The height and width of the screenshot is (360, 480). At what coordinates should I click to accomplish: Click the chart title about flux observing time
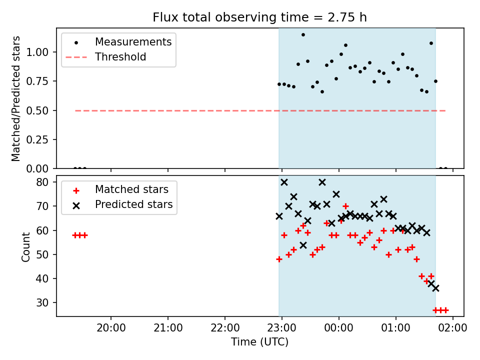click(x=259, y=17)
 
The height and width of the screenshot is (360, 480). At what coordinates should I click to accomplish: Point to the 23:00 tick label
click(x=281, y=328)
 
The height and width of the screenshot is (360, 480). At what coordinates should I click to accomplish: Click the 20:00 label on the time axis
click(x=111, y=328)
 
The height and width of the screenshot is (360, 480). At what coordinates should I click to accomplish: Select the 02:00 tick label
click(x=453, y=328)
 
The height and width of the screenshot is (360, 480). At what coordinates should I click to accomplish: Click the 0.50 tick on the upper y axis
click(x=37, y=110)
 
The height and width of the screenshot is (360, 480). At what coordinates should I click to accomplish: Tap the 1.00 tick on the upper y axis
click(x=37, y=52)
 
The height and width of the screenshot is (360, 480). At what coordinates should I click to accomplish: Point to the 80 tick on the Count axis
click(x=42, y=182)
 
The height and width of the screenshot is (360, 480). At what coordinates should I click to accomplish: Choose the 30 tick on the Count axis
click(x=42, y=303)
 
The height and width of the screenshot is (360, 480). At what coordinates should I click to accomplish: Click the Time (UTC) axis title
click(x=259, y=342)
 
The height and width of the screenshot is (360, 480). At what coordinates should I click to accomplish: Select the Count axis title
click(x=25, y=247)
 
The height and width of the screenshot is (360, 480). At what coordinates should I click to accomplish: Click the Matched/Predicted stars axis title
click(x=15, y=98)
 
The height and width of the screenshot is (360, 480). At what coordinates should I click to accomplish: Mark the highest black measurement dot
click(x=303, y=35)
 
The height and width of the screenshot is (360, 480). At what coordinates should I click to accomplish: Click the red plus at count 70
click(x=345, y=206)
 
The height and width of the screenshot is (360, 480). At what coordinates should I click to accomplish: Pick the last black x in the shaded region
click(x=435, y=288)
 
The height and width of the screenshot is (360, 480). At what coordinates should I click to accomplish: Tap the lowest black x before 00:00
click(x=303, y=245)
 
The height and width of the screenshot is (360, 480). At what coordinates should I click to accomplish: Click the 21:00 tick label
click(x=168, y=328)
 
